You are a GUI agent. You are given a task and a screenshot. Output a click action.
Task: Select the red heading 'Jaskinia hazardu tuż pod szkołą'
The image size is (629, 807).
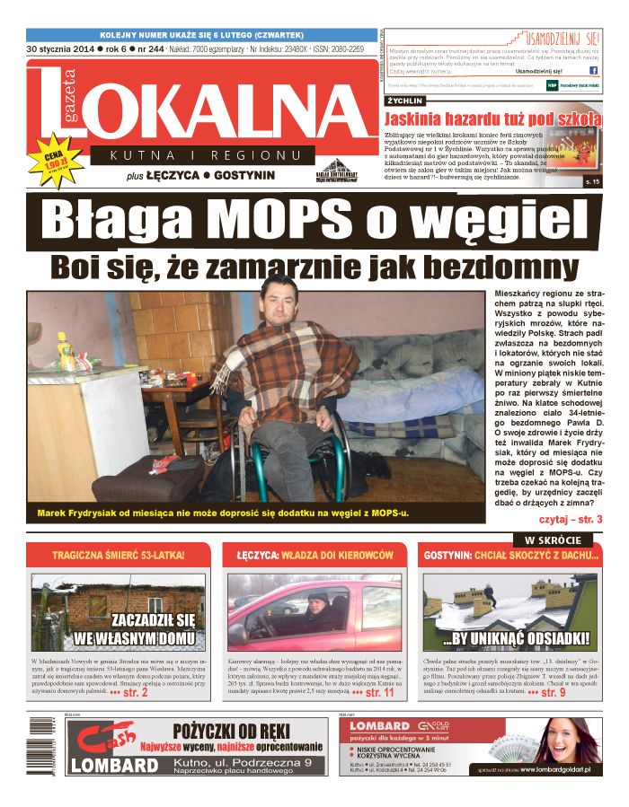[492, 118]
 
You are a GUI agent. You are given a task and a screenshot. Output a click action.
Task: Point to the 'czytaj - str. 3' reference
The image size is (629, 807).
[570, 519]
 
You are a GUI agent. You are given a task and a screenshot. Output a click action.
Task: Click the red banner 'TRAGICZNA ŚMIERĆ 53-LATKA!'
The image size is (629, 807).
[118, 556]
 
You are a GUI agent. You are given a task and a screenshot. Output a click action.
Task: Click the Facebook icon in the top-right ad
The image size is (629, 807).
[594, 70]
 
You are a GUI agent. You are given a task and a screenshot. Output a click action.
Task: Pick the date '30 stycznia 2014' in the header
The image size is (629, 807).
[59, 48]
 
